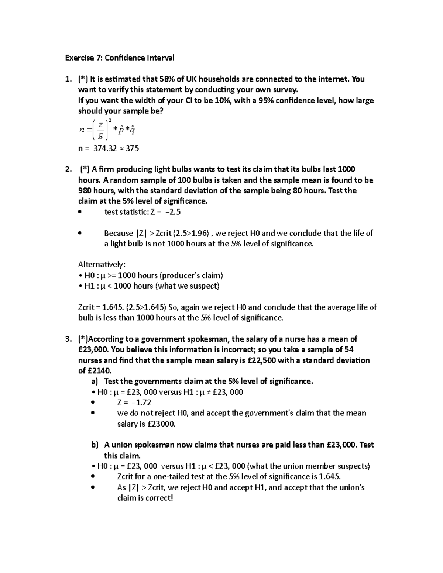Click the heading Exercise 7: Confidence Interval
point(120,58)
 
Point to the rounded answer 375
point(132,149)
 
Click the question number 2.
point(68,169)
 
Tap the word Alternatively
point(102,265)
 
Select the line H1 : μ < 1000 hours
point(149,286)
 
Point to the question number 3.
point(68,339)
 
